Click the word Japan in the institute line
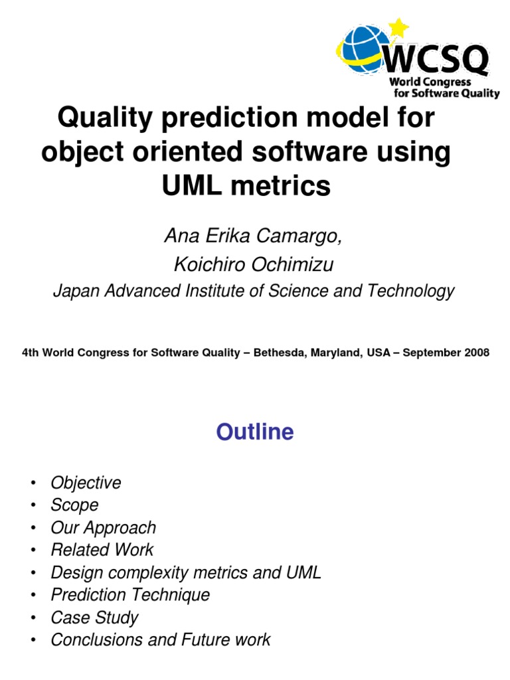[x=74, y=292]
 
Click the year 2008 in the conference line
[x=477, y=353]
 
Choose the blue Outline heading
[x=255, y=432]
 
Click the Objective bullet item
[x=86, y=483]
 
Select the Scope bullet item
[x=74, y=505]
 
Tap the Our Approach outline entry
[x=103, y=528]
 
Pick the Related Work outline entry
[x=102, y=550]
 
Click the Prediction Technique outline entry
[x=130, y=595]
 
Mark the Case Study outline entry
[x=94, y=618]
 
